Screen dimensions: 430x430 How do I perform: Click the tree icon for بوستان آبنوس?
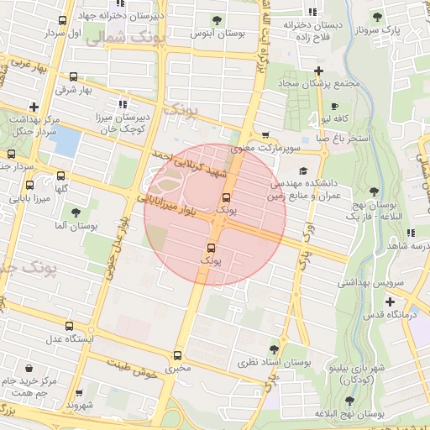pos(218,19)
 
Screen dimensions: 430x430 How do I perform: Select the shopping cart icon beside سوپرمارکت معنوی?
pos(266,134)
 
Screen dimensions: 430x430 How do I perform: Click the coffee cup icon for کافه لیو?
pos(334,107)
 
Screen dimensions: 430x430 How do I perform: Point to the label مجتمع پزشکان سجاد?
pos(324,84)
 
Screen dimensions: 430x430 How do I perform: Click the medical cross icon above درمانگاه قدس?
pos(389,302)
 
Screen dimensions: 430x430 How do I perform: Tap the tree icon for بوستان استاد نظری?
pos(274,349)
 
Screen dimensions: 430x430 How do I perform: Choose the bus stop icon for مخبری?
pos(177,355)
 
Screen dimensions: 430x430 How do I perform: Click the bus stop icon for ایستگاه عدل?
pos(69,327)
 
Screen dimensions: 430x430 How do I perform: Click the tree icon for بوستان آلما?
pos(77,213)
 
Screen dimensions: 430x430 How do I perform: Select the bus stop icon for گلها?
pos(60,176)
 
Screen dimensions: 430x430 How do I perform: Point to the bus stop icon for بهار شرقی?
pos(73,76)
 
